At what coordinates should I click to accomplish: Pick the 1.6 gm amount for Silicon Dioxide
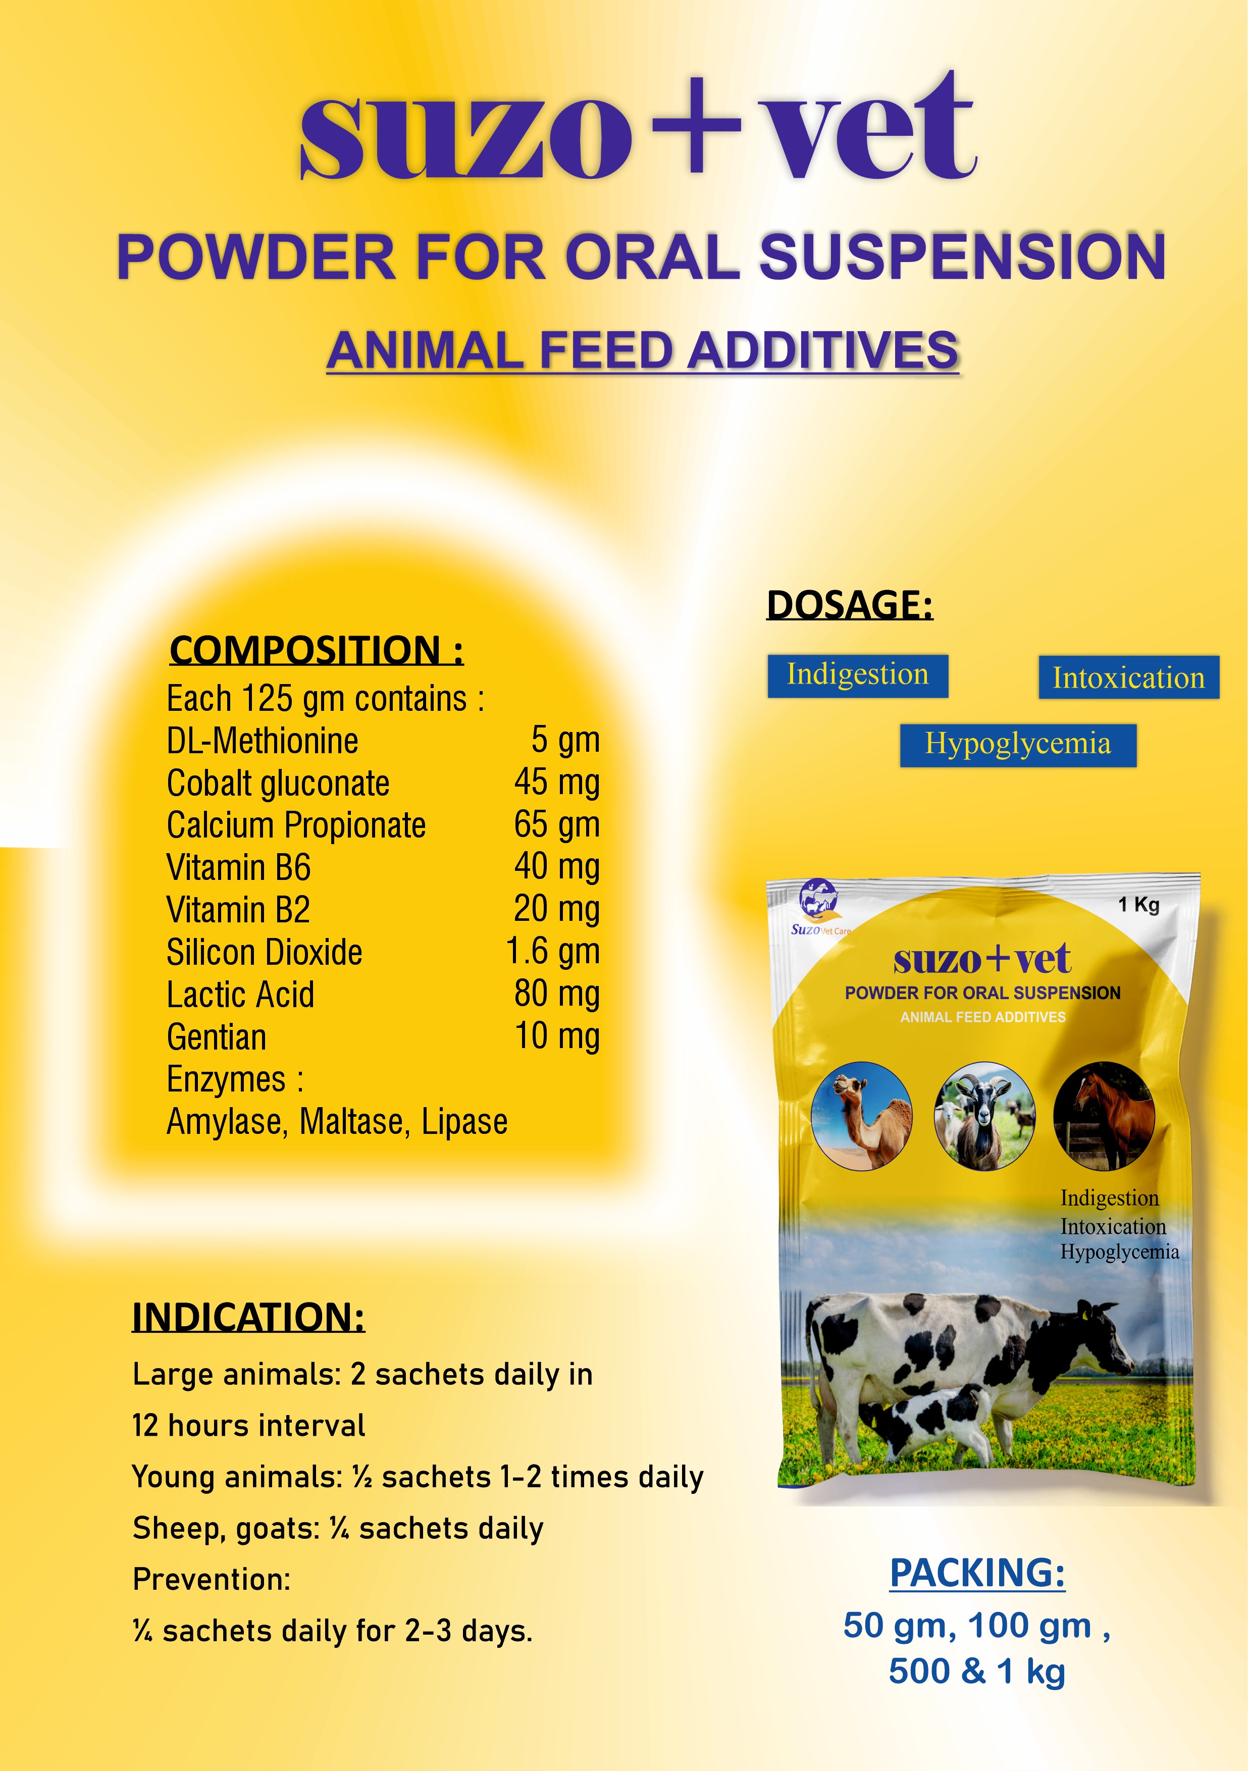pyautogui.click(x=553, y=952)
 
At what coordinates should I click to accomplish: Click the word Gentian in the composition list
pyautogui.click(x=217, y=1036)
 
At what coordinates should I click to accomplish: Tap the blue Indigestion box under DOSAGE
pyautogui.click(x=858, y=675)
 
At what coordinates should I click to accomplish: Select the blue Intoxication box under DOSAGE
pyautogui.click(x=1128, y=677)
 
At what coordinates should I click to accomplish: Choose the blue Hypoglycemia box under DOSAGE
pyautogui.click(x=1018, y=745)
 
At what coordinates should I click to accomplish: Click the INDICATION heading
pyautogui.click(x=248, y=1318)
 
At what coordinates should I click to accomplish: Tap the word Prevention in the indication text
pyautogui.click(x=212, y=1579)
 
